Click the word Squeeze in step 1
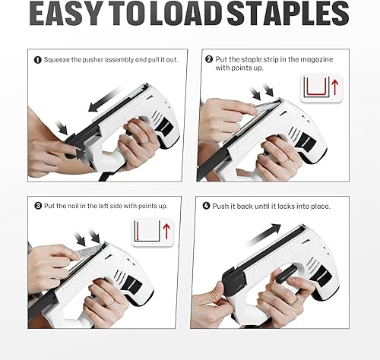coord(59,59)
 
